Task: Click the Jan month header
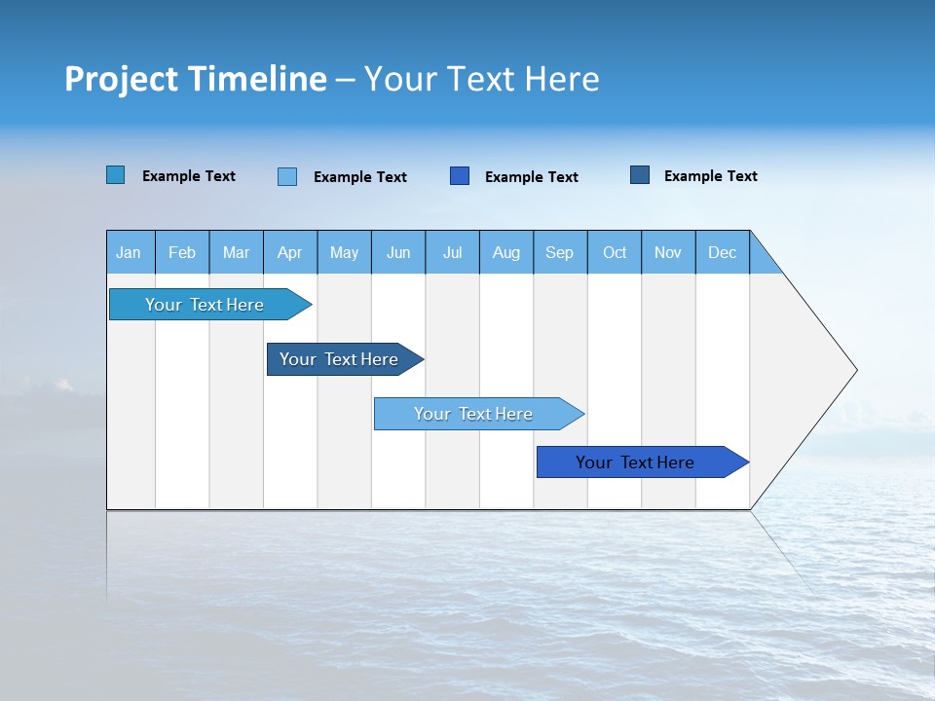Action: tap(129, 252)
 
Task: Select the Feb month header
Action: tap(182, 252)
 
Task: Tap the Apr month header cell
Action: tap(290, 252)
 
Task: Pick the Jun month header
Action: tap(398, 252)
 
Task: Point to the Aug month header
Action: tap(506, 252)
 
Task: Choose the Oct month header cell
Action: tap(615, 252)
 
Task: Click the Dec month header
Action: tap(723, 252)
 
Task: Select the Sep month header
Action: tap(560, 252)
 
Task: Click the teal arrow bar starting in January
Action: tap(205, 305)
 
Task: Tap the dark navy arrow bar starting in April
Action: tap(339, 359)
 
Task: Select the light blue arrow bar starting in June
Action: tap(473, 414)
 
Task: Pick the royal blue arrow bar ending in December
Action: tap(635, 462)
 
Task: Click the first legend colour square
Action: tap(116, 175)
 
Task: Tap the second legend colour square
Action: tap(287, 176)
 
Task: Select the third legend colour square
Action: tap(460, 175)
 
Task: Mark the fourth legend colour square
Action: tap(640, 175)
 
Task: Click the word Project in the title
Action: tap(122, 79)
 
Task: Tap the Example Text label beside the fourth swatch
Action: tap(710, 176)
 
